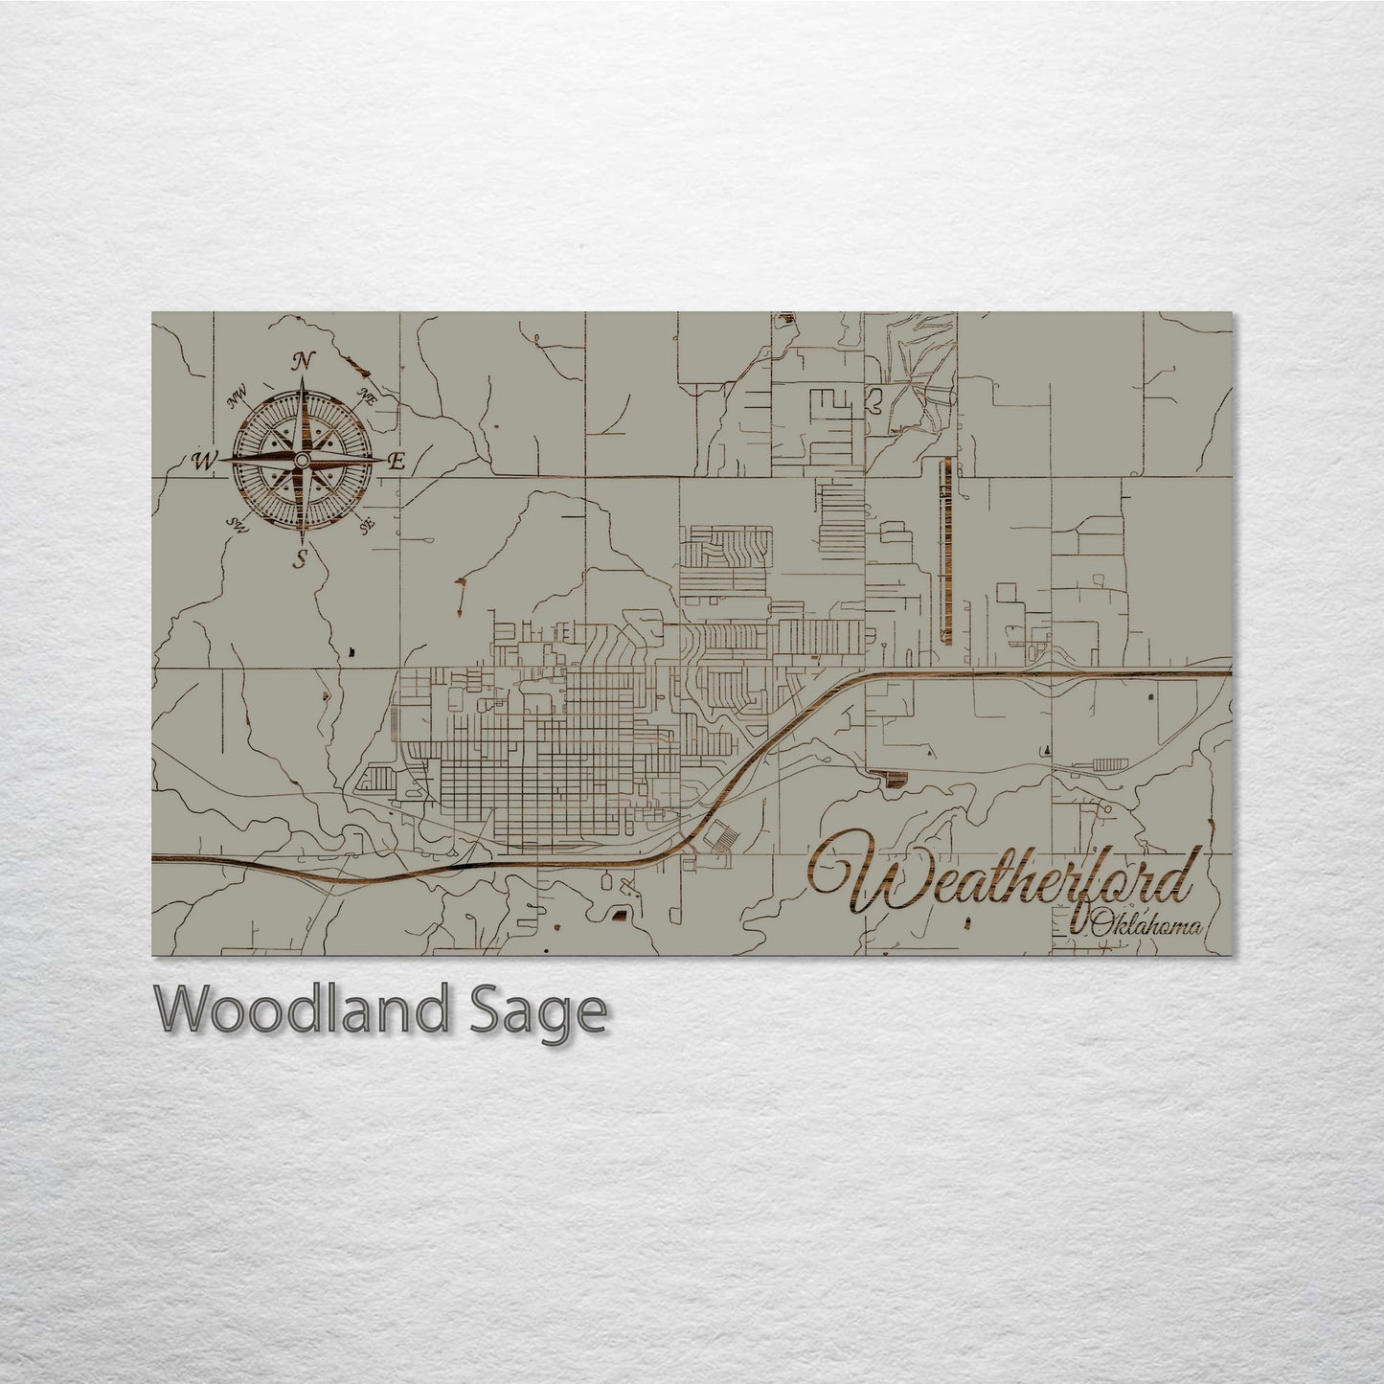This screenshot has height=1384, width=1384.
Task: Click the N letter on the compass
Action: click(304, 361)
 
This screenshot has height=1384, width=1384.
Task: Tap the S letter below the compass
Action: click(301, 558)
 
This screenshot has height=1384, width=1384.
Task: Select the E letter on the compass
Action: click(397, 462)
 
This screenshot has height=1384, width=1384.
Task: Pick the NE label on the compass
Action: click(367, 395)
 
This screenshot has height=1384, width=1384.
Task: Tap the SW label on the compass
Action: click(237, 523)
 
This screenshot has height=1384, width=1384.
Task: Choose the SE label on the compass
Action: click(365, 525)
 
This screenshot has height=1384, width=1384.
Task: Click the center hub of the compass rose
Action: click(301, 461)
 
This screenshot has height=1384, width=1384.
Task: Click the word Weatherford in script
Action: click(1006, 878)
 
